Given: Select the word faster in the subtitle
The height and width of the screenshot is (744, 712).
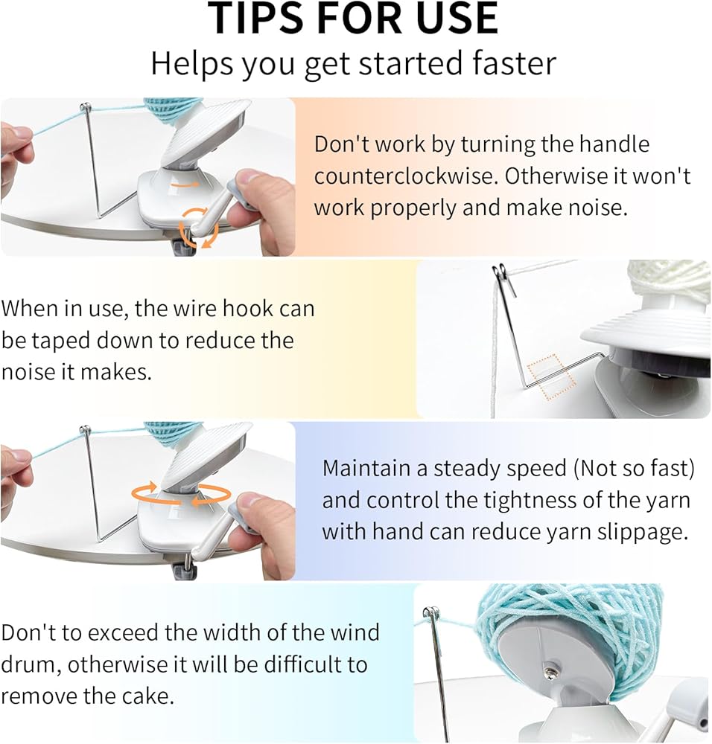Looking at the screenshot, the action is coord(514,63).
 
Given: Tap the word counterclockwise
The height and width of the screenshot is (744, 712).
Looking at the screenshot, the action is coord(405,176).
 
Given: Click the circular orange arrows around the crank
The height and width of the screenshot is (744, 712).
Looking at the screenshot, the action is coord(199,227).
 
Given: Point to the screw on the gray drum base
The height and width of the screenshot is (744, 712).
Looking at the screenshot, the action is coord(550,673).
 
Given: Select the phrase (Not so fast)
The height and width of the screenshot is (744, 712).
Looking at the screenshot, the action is coord(634,469).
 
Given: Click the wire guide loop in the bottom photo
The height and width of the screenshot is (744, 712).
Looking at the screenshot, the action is coord(432,613).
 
